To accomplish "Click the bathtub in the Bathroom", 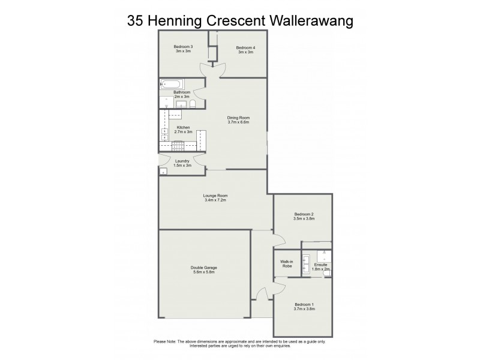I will (172, 84).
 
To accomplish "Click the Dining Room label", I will (238, 118).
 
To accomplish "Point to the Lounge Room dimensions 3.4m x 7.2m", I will (216, 200).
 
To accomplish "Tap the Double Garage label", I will (204, 268).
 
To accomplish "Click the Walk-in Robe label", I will (287, 263).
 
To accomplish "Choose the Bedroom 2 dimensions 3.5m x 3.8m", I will (304, 219).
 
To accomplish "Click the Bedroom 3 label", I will (183, 47).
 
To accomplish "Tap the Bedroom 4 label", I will (245, 47).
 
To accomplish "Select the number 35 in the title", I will (136, 21).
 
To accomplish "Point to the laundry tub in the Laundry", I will (163, 171).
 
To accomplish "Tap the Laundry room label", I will (182, 161).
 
